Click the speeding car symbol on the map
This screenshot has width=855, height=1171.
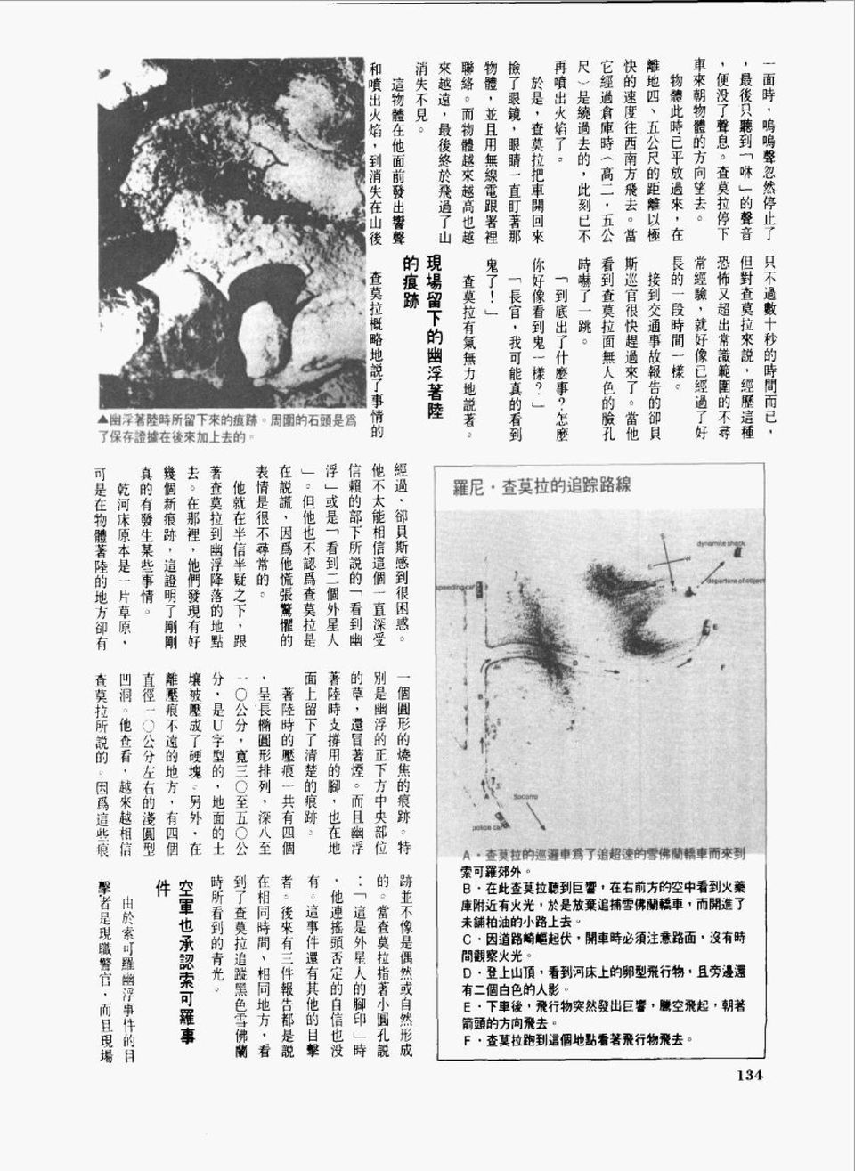(479, 590)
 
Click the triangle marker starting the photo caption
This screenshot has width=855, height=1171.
(103, 419)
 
